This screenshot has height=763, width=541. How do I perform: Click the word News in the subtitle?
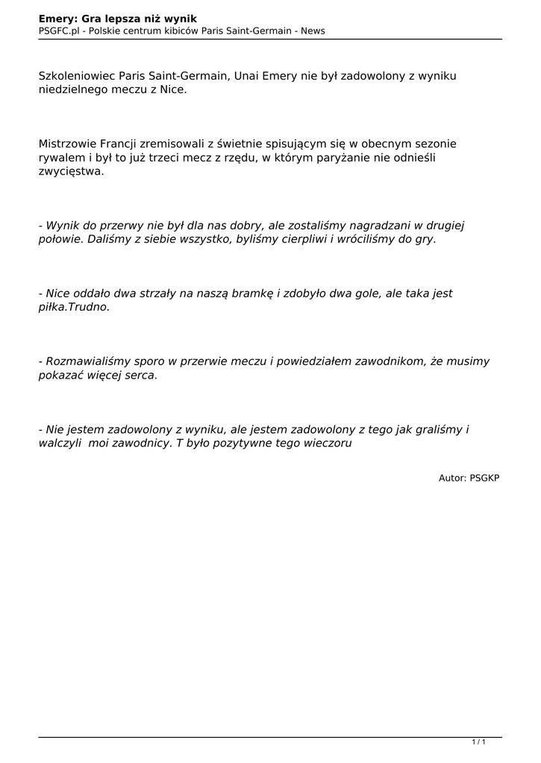pos(312,31)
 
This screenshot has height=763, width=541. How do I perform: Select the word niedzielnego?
pos(73,90)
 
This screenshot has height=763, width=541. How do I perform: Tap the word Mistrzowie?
pos(66,144)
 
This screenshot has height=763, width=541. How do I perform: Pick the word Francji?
pos(117,144)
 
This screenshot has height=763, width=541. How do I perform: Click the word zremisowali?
pos(174,144)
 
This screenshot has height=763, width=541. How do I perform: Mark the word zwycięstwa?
pos(72,171)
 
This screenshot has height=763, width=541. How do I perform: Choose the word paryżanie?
pos(319,157)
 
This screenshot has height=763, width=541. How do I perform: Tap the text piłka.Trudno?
pos(74,307)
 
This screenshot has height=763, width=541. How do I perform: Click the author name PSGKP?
pos(484,478)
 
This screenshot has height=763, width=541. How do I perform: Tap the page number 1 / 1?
pos(479,741)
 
